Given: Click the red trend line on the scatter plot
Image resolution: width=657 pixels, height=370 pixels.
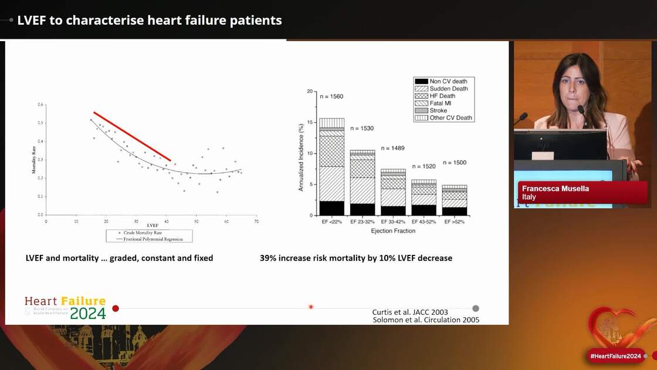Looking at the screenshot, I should pyautogui.click(x=132, y=136).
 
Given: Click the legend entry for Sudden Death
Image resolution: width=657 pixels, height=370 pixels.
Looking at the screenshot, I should pyautogui.click(x=449, y=89).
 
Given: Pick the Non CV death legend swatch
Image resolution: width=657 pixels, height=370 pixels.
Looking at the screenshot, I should pyautogui.click(x=421, y=81).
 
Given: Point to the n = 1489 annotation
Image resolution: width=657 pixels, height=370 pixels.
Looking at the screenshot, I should pyautogui.click(x=393, y=148).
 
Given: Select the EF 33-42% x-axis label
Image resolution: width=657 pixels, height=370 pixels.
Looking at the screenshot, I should pyautogui.click(x=393, y=222).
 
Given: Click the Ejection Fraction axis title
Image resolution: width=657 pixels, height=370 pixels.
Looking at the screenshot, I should pyautogui.click(x=393, y=231).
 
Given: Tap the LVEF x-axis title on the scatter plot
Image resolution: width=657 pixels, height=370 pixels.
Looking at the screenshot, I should pyautogui.click(x=152, y=226).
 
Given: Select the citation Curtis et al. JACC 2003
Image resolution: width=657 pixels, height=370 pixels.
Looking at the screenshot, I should pyautogui.click(x=410, y=312).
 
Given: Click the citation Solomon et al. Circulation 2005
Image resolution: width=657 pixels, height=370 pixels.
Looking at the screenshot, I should pyautogui.click(x=426, y=320).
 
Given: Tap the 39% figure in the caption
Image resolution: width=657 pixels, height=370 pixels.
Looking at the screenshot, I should pyautogui.click(x=267, y=258).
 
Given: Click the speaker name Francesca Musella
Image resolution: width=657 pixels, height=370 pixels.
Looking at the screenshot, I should pyautogui.click(x=555, y=189).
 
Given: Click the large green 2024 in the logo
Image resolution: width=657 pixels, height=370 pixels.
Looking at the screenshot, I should pyautogui.click(x=88, y=313).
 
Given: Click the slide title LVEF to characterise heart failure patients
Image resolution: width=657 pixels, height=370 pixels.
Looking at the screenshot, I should pyautogui.click(x=150, y=20).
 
